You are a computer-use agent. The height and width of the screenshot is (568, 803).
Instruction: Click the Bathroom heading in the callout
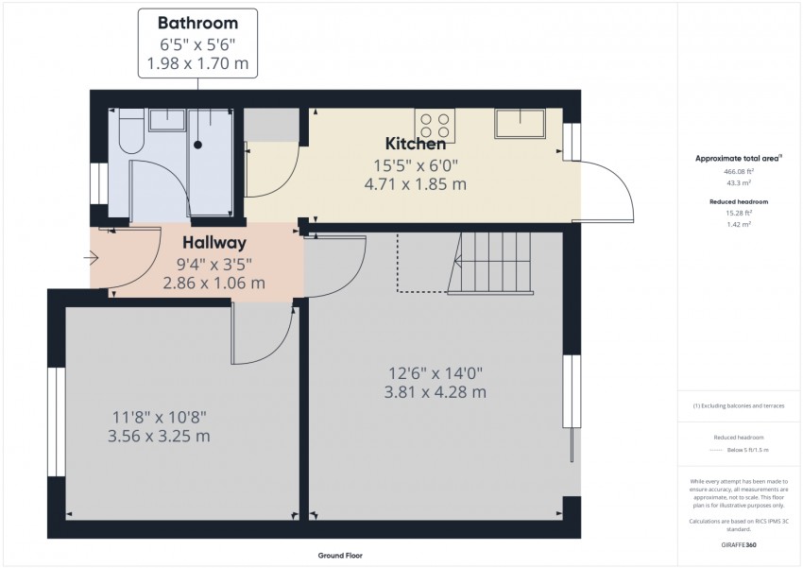point(197,22)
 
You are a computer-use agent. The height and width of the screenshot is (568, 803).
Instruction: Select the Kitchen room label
point(416,145)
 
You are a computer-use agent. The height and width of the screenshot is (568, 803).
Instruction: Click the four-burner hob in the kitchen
point(435,127)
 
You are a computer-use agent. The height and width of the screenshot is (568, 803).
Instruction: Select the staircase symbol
point(495,263)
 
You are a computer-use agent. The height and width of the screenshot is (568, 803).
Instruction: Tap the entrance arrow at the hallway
point(91,257)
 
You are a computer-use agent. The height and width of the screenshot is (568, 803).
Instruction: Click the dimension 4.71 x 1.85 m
point(416,185)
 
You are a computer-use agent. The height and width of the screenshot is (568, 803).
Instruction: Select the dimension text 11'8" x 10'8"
point(160,417)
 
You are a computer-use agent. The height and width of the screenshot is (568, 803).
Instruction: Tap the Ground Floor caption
point(340,556)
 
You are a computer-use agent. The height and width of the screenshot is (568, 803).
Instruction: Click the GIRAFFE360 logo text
point(738,545)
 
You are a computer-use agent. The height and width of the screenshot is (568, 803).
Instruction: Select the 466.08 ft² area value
point(738,172)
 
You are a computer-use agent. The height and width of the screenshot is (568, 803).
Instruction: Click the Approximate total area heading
point(738,158)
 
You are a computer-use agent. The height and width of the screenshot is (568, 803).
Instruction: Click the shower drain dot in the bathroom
point(198,145)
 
